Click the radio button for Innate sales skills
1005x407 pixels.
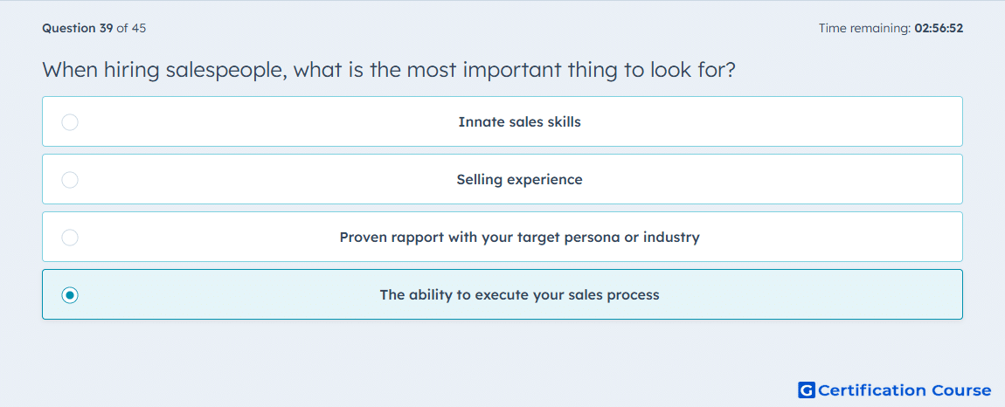[70, 121]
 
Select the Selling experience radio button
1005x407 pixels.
[70, 180]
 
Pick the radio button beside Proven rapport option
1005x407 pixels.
[70, 238]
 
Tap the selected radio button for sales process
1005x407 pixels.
[70, 295]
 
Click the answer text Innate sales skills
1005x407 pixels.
[520, 121]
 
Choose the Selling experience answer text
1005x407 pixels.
[520, 180]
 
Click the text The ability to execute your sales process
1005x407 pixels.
[520, 295]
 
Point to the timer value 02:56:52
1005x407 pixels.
[939, 28]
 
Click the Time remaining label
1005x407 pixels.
[864, 28]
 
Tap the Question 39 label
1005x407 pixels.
[78, 28]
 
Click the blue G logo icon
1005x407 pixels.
[807, 390]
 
